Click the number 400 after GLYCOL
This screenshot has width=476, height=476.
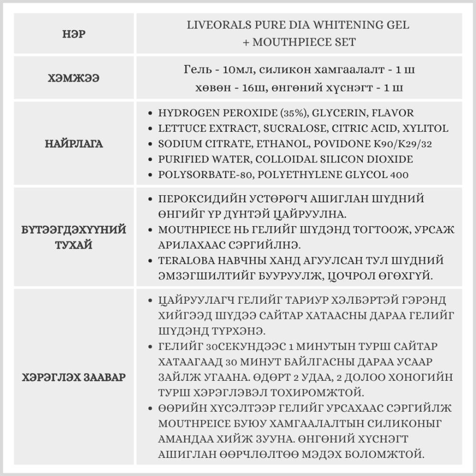(399, 175)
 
